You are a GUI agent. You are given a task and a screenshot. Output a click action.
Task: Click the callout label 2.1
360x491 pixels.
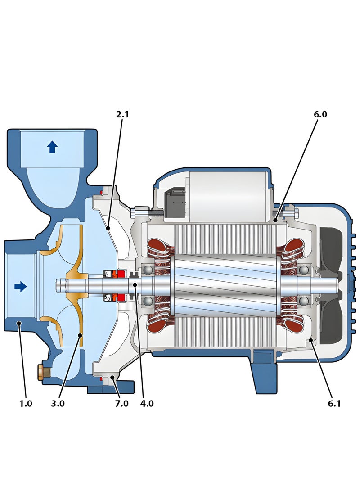point(122,114)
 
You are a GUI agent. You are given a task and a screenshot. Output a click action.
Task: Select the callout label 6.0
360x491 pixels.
point(320,114)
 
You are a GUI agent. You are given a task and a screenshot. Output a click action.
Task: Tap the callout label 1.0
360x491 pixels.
point(26,404)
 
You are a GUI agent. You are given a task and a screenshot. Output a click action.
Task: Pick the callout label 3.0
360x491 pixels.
point(58,404)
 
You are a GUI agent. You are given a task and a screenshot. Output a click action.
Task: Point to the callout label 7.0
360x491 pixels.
point(122,404)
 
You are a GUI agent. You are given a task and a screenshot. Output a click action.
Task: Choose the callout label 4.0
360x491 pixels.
point(147,404)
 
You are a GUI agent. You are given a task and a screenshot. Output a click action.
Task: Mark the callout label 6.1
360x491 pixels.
point(334,404)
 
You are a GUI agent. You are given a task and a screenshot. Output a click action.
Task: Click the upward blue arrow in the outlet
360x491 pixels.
point(53,147)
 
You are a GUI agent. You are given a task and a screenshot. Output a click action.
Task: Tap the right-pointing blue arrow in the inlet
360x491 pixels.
point(21,286)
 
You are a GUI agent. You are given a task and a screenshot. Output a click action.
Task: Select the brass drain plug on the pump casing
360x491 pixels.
point(44,373)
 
